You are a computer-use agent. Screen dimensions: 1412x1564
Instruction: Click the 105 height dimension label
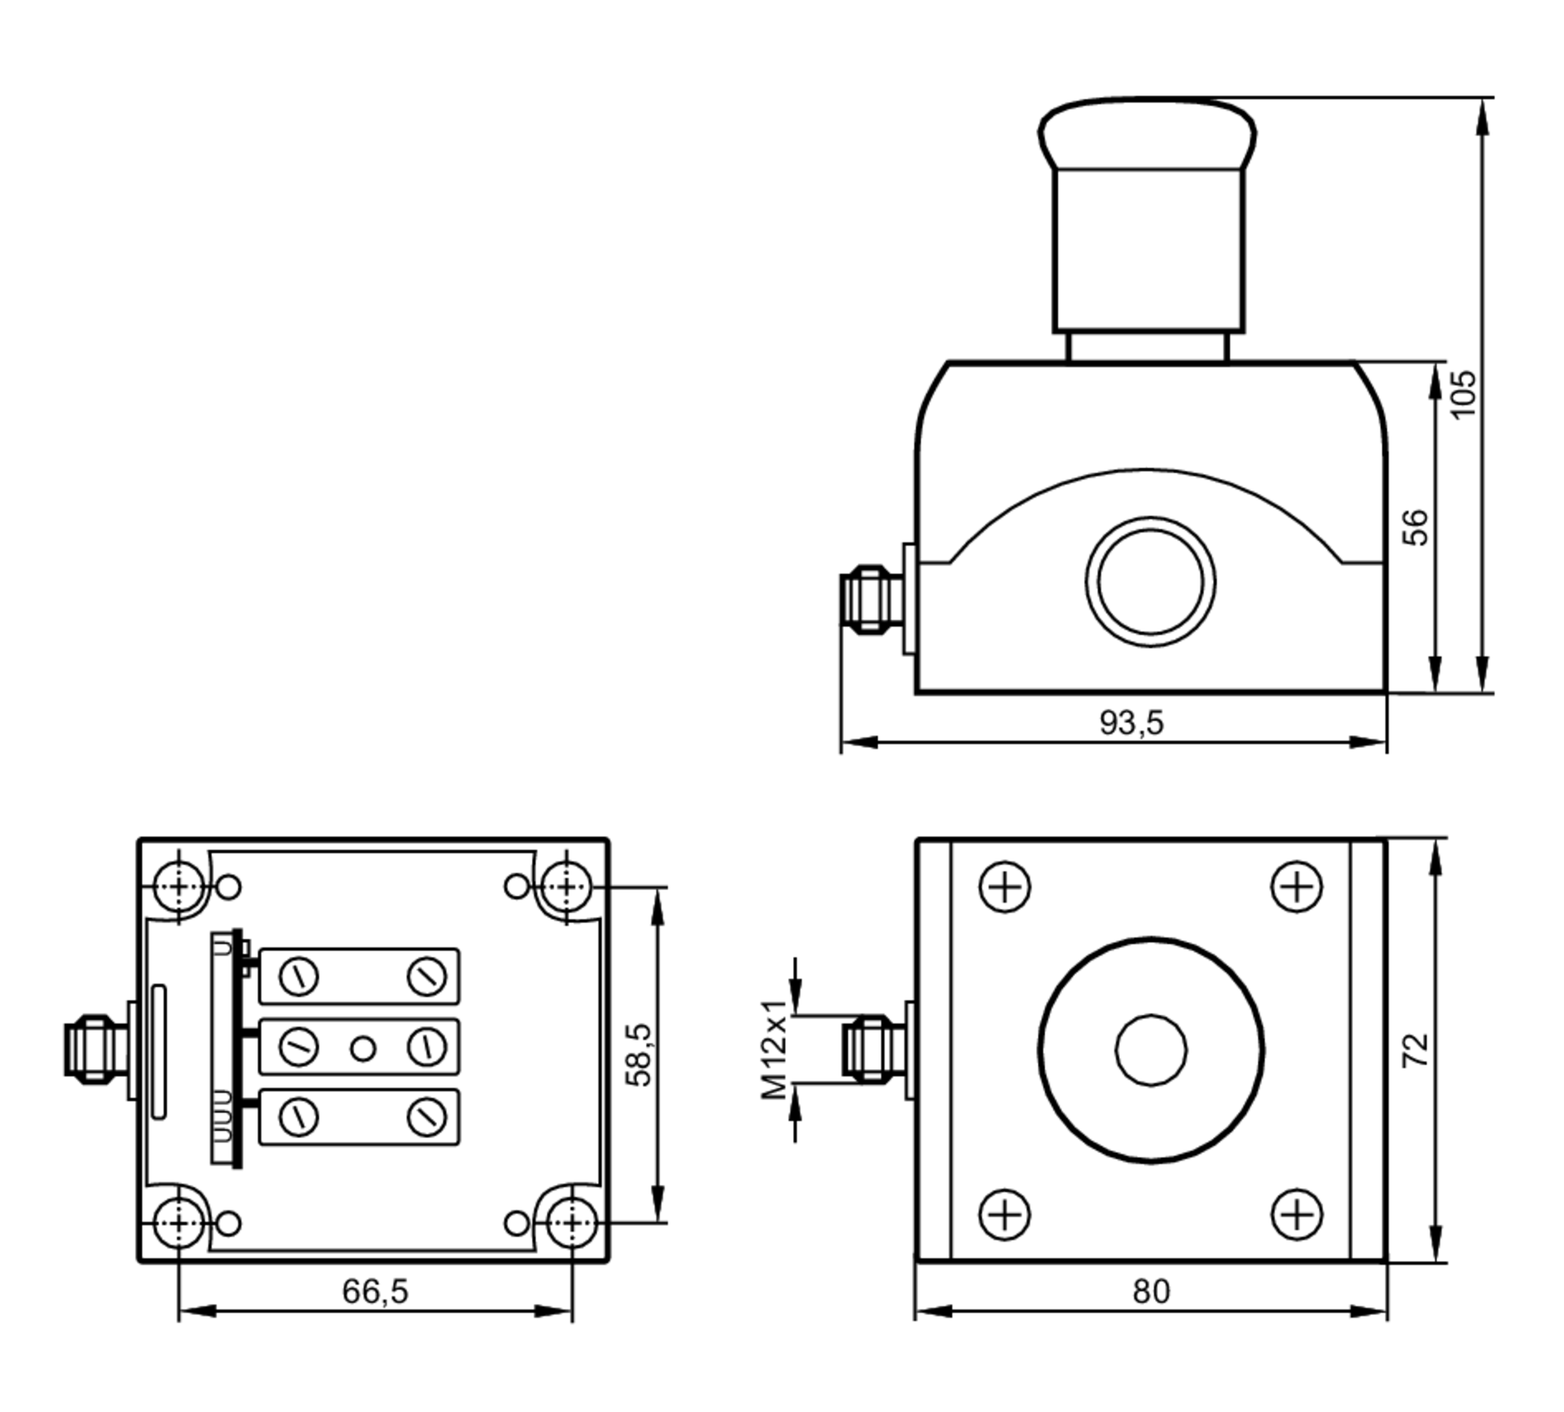1463,393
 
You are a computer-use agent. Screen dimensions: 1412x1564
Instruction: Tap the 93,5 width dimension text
1132,722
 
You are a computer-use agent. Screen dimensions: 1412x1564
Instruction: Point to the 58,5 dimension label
639,1055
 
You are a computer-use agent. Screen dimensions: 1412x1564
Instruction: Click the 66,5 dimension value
375,1291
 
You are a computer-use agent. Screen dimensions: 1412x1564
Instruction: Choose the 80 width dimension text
1151,1292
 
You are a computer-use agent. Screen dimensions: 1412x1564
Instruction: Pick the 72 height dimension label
1416,1050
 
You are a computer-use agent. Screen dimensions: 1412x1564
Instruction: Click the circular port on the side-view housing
1150,582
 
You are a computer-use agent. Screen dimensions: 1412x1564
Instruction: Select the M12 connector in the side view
870,599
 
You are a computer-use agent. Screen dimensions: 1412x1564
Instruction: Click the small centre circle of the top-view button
1150,1050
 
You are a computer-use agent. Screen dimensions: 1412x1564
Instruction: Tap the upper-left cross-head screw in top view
1006,887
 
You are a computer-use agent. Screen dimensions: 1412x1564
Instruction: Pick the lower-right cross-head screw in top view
1297,1214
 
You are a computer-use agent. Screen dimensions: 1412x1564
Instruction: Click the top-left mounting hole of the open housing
179,887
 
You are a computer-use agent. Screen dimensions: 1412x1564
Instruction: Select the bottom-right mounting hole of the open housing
572,1222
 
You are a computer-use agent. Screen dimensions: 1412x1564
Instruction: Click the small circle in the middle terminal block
363,1048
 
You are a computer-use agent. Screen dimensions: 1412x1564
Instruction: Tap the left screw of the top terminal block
299,976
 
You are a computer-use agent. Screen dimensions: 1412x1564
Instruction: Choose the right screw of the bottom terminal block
427,1116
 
